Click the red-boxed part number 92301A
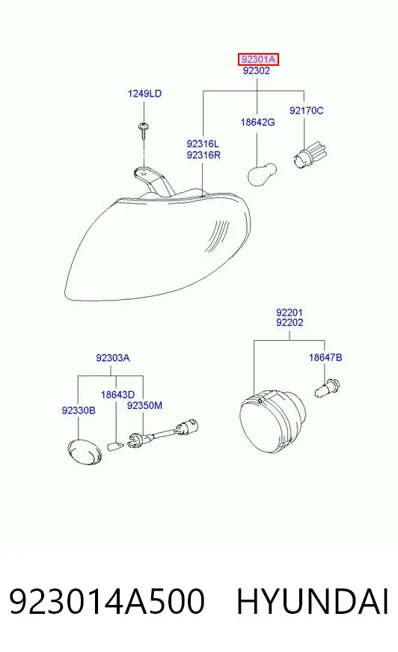click(258, 60)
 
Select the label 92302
click(256, 71)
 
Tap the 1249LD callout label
click(144, 93)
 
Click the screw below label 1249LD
click(144, 130)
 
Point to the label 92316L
click(203, 144)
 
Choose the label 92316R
click(203, 155)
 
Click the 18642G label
click(257, 123)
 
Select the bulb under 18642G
click(262, 174)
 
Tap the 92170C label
click(306, 111)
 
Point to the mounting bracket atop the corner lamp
click(153, 180)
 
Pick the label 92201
click(290, 312)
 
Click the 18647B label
click(325, 357)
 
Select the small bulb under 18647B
click(327, 388)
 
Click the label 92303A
click(113, 357)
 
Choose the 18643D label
click(117, 395)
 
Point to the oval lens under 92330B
click(85, 452)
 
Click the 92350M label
click(144, 405)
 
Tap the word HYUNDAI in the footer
click(313, 601)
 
